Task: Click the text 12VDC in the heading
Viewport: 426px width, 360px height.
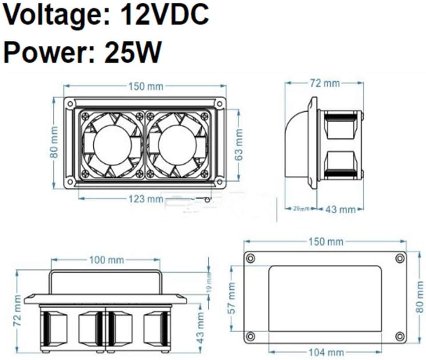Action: [165, 15]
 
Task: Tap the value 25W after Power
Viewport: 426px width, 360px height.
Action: [132, 52]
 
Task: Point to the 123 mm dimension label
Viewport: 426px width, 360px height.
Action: [146, 199]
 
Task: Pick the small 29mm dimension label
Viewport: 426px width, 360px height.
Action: [301, 209]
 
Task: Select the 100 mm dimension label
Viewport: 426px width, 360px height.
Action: [107, 260]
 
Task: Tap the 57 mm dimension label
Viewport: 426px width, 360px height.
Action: [232, 298]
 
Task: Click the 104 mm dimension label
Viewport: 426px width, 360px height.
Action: [326, 352]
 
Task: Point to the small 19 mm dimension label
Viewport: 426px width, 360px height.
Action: [209, 282]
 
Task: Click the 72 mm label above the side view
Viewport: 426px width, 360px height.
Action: [325, 83]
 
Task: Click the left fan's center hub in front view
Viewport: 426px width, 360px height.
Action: [112, 145]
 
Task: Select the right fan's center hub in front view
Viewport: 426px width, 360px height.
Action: [177, 145]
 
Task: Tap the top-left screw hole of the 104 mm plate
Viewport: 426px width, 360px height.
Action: [251, 258]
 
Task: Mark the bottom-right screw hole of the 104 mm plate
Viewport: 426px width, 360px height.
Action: [400, 336]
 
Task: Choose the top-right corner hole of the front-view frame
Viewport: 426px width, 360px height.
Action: [219, 104]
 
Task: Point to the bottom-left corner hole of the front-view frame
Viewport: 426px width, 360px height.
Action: [70, 181]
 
